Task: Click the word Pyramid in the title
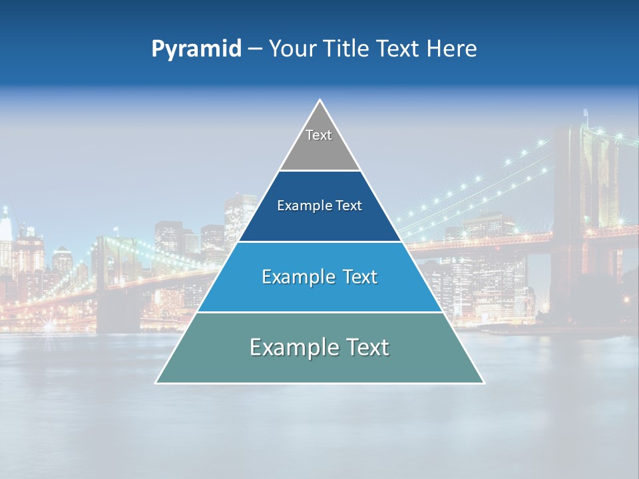click(x=196, y=49)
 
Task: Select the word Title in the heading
click(x=346, y=49)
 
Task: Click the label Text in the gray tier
click(x=319, y=135)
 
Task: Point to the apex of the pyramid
click(x=320, y=100)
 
